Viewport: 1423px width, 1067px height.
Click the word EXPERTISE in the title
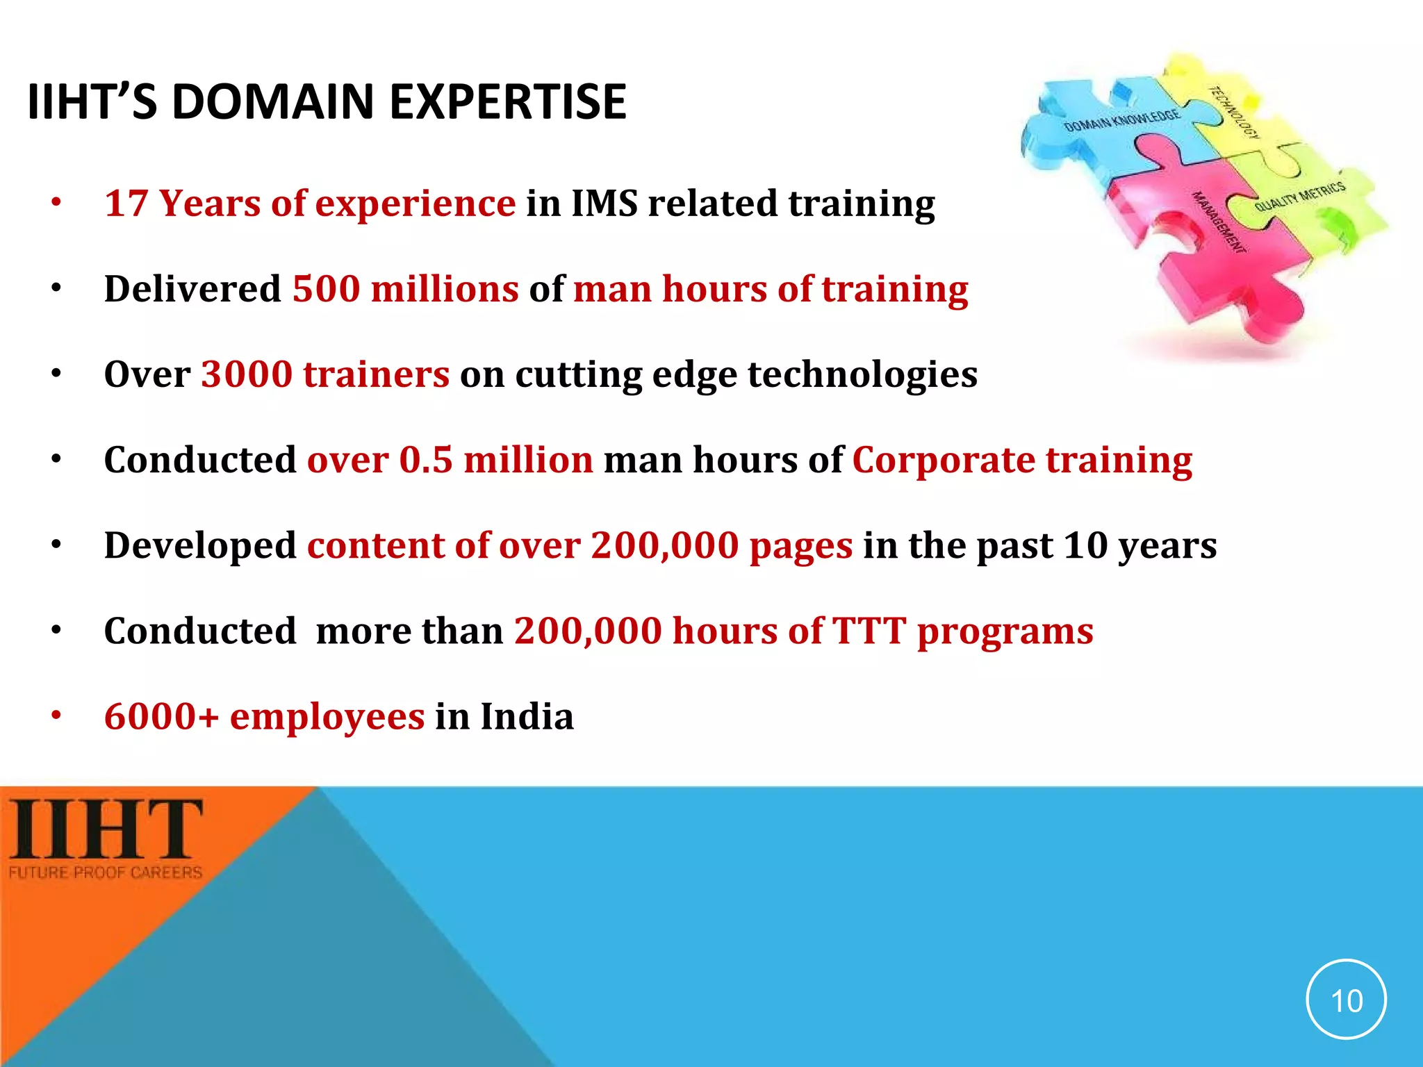(507, 102)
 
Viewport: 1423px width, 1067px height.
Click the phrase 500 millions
(405, 289)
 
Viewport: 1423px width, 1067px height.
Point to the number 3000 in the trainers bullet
(247, 374)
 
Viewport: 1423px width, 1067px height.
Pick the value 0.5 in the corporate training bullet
(426, 460)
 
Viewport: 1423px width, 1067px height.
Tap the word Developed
(200, 545)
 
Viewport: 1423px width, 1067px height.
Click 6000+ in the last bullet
(161, 716)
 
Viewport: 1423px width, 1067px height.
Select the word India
(527, 716)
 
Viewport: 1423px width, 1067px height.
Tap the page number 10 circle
(1346, 1000)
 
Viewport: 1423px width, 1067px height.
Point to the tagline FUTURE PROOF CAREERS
(106, 872)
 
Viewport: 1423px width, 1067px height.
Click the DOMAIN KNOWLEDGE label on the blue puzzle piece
(1121, 120)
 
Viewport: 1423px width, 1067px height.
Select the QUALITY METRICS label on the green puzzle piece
(1299, 197)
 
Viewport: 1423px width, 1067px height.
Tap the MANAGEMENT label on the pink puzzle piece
(1218, 222)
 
